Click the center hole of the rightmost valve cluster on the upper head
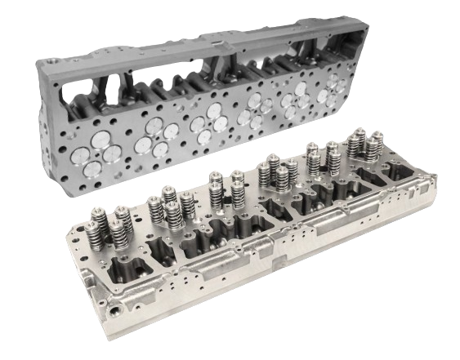(x=336, y=87)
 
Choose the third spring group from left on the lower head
(x=223, y=190)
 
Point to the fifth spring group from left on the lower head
(x=321, y=160)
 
